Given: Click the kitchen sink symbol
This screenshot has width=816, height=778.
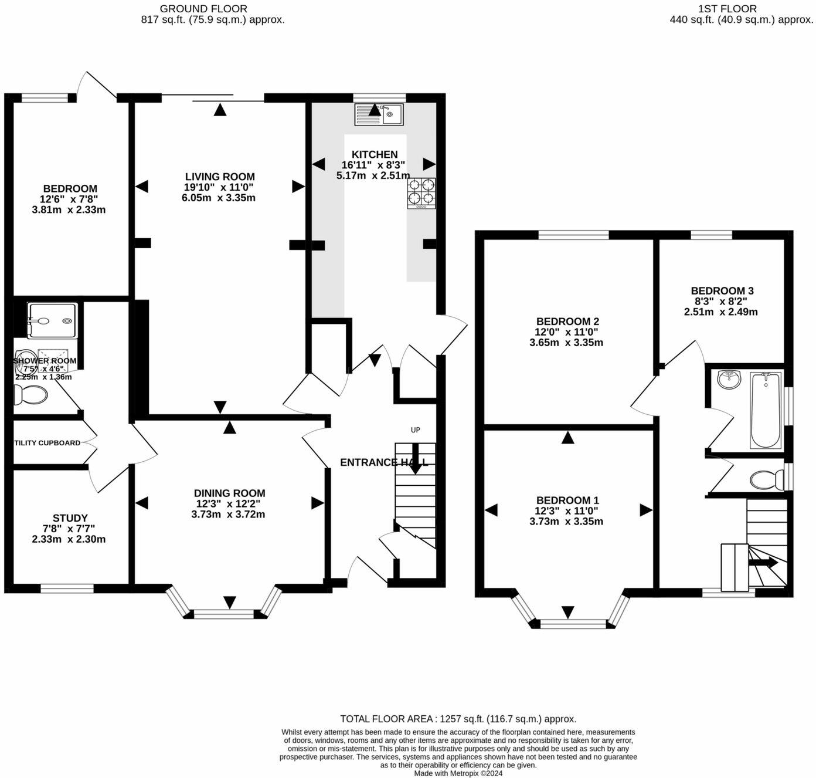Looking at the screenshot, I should pyautogui.click(x=379, y=114).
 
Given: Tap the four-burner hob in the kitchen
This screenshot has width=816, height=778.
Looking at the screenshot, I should pyautogui.click(x=421, y=193).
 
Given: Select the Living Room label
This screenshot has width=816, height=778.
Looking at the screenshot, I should pyautogui.click(x=220, y=177).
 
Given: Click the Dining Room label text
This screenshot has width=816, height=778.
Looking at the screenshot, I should pyautogui.click(x=229, y=493).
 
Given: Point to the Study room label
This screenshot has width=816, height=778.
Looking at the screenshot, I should pyautogui.click(x=70, y=518).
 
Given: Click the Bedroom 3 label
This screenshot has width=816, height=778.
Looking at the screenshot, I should pyautogui.click(x=722, y=291).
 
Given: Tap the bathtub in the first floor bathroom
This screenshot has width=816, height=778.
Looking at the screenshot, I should pyautogui.click(x=766, y=410).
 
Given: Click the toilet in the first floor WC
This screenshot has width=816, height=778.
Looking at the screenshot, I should pyautogui.click(x=766, y=480).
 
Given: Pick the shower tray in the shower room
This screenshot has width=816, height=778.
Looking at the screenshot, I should pyautogui.click(x=52, y=320).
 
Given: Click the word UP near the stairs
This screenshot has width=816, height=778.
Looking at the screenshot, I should pyautogui.click(x=415, y=430).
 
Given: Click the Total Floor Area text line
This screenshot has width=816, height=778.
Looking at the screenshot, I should pyautogui.click(x=458, y=719).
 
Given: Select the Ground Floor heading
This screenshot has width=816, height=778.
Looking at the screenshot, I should pyautogui.click(x=203, y=9).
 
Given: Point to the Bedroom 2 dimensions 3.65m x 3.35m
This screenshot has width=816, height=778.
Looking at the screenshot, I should pyautogui.click(x=566, y=343).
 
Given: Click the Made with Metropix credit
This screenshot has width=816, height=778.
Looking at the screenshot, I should pyautogui.click(x=458, y=773).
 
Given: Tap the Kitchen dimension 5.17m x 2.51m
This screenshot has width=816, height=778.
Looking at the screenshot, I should pyautogui.click(x=374, y=175).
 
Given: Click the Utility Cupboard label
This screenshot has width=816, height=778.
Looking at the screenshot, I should pyautogui.click(x=47, y=443).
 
